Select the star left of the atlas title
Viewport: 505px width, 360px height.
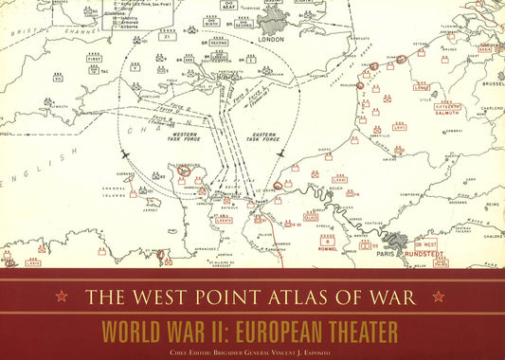point(62,297)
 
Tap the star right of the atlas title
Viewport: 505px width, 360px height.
point(438,297)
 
